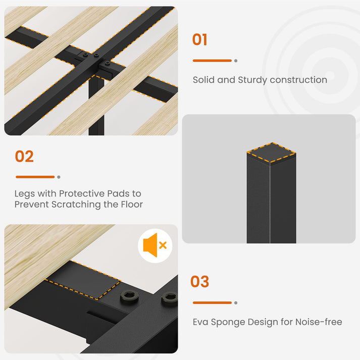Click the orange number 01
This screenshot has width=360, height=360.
[199, 39]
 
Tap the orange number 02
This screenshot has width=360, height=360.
[24, 157]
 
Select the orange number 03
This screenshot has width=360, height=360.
[200, 281]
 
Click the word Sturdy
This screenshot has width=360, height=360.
[252, 80]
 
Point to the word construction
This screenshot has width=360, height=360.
[298, 80]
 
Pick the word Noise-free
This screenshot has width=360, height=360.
[319, 322]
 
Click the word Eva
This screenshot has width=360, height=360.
[200, 322]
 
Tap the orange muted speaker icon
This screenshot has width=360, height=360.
[155, 245]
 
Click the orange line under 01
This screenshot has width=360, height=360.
[212, 61]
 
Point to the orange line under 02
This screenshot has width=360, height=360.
[35, 177]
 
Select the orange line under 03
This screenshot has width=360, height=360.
[212, 302]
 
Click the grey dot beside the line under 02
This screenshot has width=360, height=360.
[59, 177]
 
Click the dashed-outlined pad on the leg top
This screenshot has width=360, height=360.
[271, 152]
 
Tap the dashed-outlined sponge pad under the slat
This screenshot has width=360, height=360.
[83, 280]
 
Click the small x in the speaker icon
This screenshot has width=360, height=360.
[163, 245]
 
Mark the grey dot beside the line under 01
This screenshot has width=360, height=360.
[236, 61]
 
